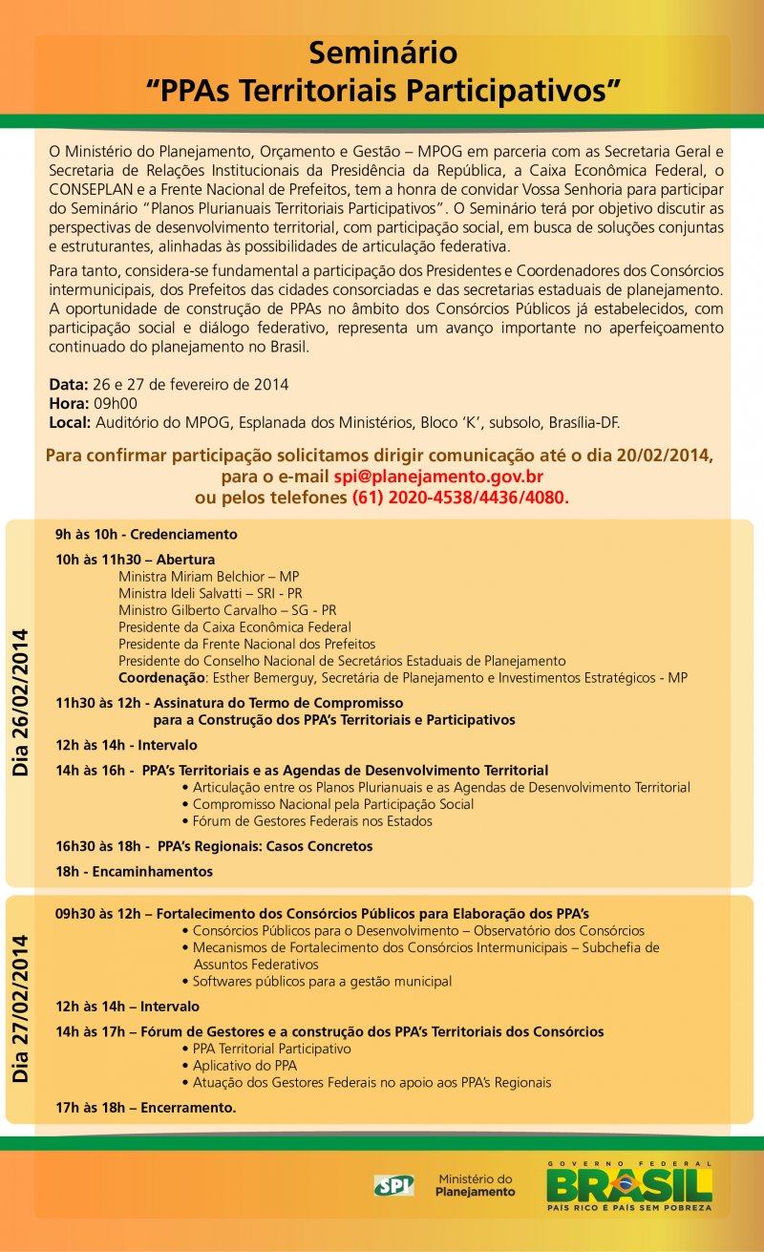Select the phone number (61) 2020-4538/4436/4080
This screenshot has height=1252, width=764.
click(460, 498)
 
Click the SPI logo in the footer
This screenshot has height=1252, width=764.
click(393, 1185)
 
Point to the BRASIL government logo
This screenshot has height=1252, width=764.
click(628, 1185)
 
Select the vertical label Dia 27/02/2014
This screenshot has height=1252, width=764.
click(21, 1008)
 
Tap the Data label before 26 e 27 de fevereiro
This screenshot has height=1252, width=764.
click(68, 385)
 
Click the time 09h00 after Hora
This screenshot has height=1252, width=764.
click(115, 403)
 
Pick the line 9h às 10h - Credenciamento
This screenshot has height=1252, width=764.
click(146, 534)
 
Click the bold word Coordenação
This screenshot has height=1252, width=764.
click(160, 678)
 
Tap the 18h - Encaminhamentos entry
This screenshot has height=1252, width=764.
click(134, 871)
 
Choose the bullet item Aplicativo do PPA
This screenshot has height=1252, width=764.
click(244, 1065)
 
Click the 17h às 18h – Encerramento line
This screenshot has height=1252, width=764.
click(145, 1108)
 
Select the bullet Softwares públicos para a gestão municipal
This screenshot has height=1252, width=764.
click(322, 981)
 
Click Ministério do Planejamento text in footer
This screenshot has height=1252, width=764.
click(475, 1185)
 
